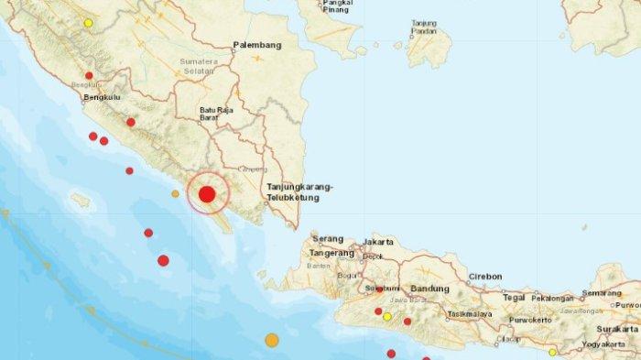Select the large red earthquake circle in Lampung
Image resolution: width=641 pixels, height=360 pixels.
click(207, 194)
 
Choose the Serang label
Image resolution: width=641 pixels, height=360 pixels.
click(327, 238)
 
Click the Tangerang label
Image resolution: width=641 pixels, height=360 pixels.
click(331, 252)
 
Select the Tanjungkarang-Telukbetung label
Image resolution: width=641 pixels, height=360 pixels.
click(299, 191)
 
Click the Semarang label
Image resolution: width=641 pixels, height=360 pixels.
click(602, 293)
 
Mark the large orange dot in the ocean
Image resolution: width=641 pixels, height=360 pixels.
click(272, 341)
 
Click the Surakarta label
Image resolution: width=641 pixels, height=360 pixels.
click(616, 328)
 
